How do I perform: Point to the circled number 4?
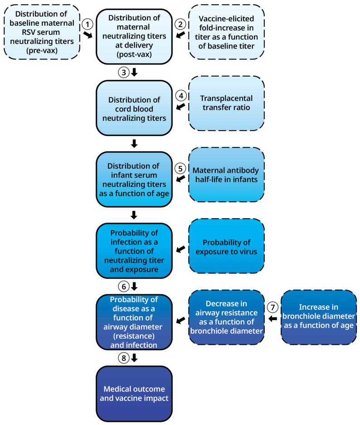[180, 97]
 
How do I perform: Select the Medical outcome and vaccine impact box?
[134, 393]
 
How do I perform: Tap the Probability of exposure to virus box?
[226, 247]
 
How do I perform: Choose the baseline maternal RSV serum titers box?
[42, 31]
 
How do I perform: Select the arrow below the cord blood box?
[134, 144]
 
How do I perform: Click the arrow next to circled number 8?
[134, 358]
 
